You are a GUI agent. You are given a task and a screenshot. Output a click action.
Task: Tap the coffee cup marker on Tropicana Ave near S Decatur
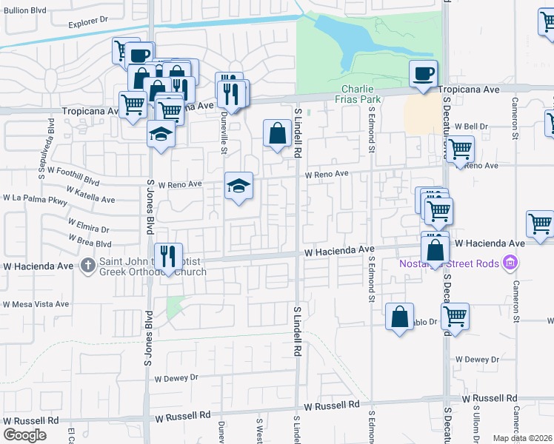(423, 74)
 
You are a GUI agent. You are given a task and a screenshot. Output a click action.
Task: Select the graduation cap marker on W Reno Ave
(239, 186)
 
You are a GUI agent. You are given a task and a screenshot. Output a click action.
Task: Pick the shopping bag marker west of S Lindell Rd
(277, 135)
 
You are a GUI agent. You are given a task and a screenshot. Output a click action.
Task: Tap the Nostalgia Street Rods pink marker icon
(510, 263)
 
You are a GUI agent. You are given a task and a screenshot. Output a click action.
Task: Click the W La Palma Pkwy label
(35, 198)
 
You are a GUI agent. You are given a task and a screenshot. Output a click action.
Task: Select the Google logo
(24, 435)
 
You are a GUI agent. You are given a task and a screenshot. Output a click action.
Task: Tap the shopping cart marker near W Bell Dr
(460, 149)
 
